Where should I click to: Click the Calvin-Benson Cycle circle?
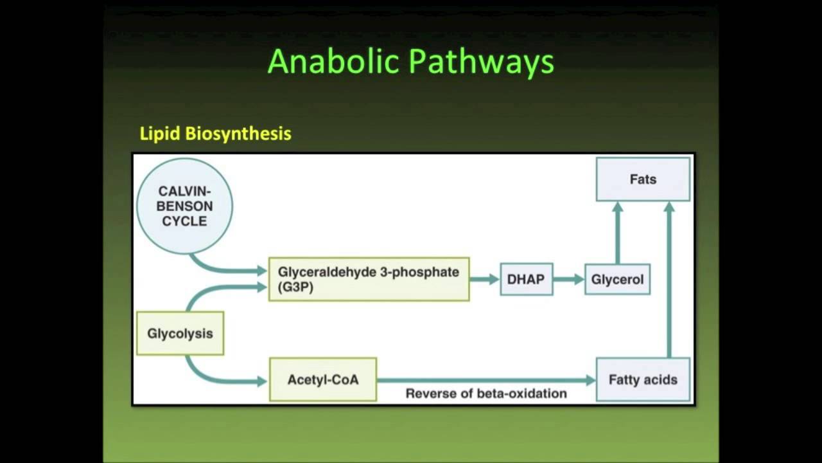coord(185,206)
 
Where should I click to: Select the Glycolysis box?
coord(180,333)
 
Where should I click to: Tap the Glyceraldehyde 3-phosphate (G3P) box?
coord(369,280)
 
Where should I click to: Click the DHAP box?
coord(526,280)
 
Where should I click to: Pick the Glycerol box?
coord(617,280)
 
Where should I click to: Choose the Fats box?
coord(643,179)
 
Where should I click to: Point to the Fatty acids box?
coord(643,379)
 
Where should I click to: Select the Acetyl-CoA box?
coord(322,379)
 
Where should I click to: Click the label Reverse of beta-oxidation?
coord(486,394)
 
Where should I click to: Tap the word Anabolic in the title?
coord(333,62)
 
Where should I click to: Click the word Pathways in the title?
coord(482,62)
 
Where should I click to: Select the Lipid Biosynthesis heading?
coord(215,134)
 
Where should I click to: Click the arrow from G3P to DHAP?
coord(484,279)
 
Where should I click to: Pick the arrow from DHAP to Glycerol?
coord(568,279)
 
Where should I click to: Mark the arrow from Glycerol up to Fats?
coord(617,232)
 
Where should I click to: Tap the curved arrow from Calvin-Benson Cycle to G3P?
coord(218,268)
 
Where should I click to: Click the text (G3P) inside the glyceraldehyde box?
coord(295,288)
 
